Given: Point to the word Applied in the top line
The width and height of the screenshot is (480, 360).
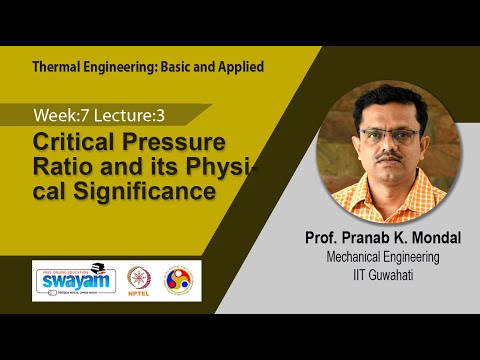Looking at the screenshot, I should click(238, 68).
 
